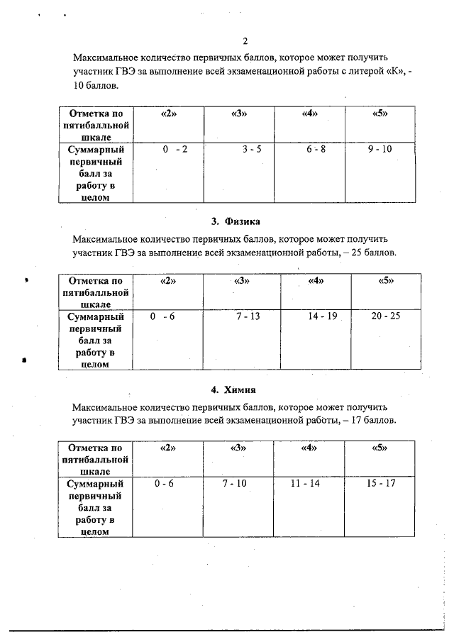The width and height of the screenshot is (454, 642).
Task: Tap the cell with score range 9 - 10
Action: (x=380, y=150)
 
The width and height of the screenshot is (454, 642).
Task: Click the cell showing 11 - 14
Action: (x=306, y=483)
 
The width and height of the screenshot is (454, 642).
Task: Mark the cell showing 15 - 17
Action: (x=381, y=483)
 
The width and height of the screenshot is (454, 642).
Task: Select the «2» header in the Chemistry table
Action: (x=167, y=448)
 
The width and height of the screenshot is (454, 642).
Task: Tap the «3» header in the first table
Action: (x=238, y=114)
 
